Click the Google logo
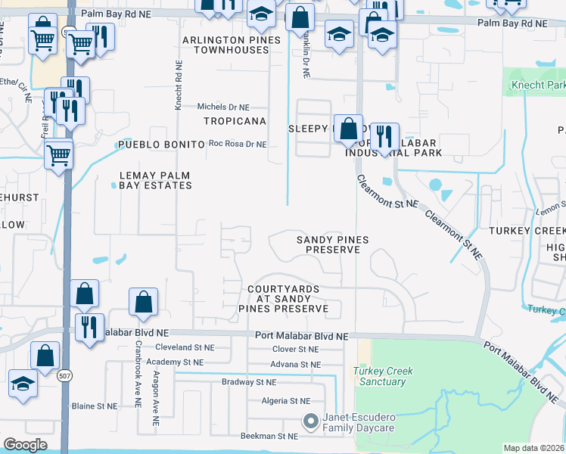pos(25,445)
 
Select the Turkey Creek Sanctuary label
pos(379,376)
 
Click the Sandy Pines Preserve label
pos(332,244)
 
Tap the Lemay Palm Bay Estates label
pos(155,180)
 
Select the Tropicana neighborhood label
pos(235,121)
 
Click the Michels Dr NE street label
pos(223,107)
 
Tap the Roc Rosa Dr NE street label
pos(238,144)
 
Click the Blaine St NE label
pos(95,406)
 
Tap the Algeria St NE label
pos(285,400)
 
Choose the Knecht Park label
pos(538,86)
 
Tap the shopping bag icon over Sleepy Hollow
pos(349,128)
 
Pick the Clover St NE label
pos(295,350)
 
